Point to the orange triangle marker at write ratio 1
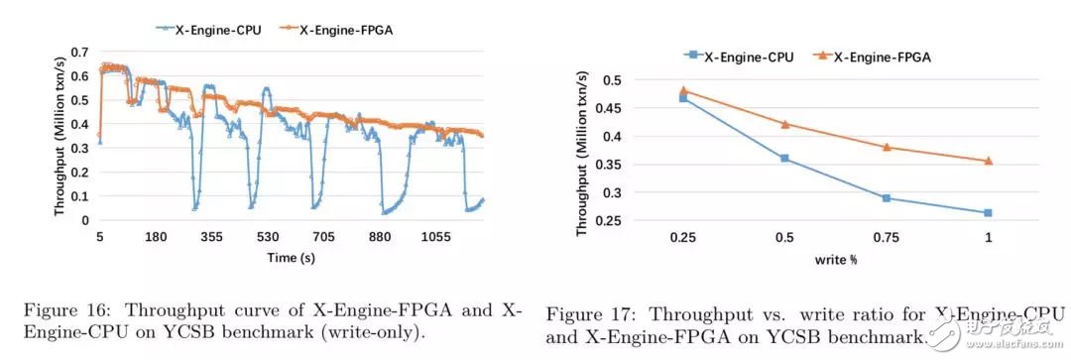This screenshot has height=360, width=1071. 988,160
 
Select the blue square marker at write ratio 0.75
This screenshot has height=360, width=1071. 887,198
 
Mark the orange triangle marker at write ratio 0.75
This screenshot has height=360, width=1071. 887,147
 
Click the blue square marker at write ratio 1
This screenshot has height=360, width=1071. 988,212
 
